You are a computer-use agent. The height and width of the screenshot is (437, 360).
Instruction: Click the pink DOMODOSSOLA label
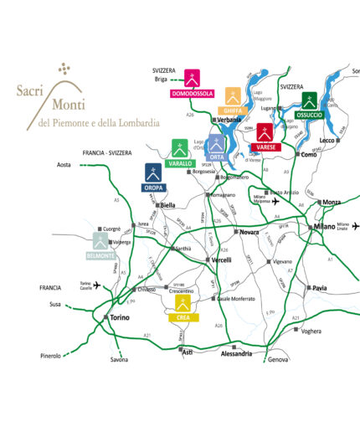coord(193,93)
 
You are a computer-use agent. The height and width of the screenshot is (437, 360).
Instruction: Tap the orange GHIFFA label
coord(233,111)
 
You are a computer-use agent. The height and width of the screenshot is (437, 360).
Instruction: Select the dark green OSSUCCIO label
coord(310,114)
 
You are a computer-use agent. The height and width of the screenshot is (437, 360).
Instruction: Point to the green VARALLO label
coord(179,163)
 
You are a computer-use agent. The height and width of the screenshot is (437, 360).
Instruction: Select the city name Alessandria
coord(235,354)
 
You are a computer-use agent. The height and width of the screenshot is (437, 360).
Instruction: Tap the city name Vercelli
coord(221,260)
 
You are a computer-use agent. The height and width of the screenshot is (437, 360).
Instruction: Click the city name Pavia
coord(320,288)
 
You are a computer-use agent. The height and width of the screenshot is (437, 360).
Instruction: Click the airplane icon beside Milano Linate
coord(356,226)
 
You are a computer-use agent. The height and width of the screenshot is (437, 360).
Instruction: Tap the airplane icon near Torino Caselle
coord(97,285)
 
